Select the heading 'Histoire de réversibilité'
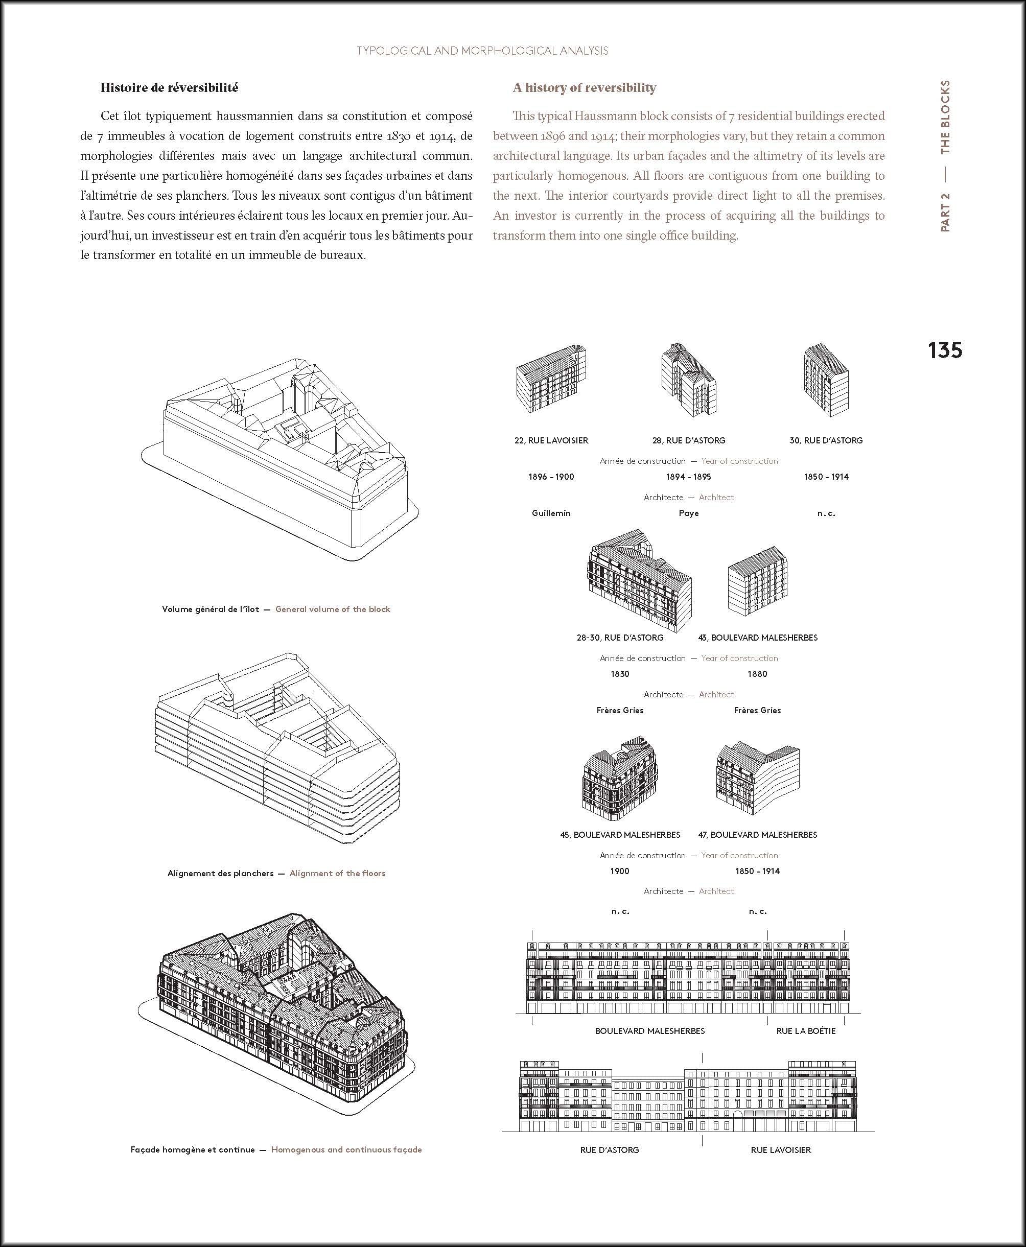[169, 87]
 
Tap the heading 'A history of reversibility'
[584, 87]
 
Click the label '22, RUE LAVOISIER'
[551, 440]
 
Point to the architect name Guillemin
[551, 513]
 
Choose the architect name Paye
[689, 513]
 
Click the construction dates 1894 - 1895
[689, 476]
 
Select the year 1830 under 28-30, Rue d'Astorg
[619, 674]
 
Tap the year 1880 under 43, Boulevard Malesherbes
[757, 674]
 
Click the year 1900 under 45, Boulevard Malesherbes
[619, 870]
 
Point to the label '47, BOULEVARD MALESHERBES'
[757, 835]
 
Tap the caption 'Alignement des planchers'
[220, 873]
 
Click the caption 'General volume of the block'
[333, 609]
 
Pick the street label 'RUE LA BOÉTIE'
[806, 1031]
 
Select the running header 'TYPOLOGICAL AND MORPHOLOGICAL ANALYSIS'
[482, 51]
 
